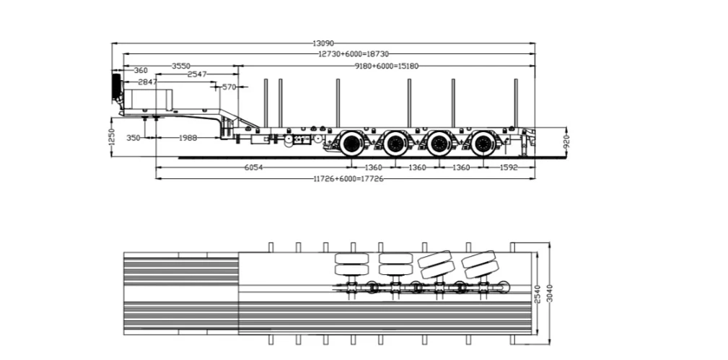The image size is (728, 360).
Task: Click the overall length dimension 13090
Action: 323,43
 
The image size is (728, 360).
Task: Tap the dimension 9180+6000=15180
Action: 386,66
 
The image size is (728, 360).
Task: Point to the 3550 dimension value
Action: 181,66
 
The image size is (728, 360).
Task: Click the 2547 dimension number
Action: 197,74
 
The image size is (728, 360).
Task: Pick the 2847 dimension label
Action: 148,82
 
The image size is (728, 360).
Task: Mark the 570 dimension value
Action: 229,87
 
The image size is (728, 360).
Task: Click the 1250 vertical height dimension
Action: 111,136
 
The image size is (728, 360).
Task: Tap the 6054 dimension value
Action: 253,167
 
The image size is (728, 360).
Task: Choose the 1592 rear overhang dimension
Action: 509,167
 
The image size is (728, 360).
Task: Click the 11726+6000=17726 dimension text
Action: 348,179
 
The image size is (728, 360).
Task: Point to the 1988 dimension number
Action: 188,138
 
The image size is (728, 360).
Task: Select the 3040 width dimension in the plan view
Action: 551,293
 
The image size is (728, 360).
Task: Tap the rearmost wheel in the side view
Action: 483,144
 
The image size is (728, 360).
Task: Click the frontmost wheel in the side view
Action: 352,144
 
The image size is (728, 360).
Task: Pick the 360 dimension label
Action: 141,71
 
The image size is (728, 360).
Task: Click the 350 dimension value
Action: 133,138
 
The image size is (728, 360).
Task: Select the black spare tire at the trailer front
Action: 116,87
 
